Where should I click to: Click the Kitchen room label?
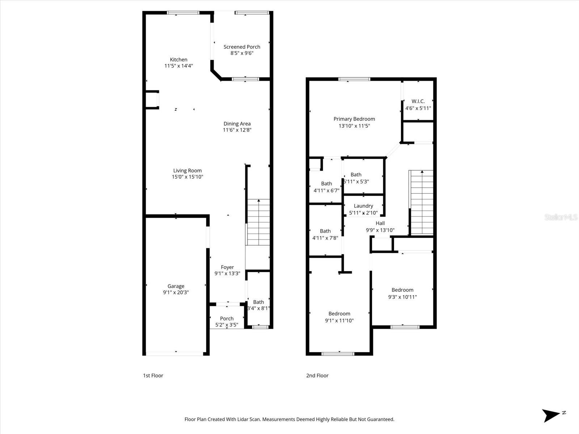[179, 60]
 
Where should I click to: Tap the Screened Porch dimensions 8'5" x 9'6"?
[242, 53]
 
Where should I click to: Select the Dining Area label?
[237, 124]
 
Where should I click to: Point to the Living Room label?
[187, 171]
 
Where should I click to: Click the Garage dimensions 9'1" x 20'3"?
[176, 293]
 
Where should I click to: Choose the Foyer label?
[227, 267]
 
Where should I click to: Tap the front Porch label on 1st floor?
[227, 319]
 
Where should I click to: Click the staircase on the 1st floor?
[258, 222]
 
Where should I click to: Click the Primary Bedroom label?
[354, 119]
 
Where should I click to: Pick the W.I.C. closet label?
[418, 101]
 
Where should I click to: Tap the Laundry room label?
[363, 206]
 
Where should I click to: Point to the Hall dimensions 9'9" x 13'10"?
[380, 230]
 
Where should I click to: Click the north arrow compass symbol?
[551, 415]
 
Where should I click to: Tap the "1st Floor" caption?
[153, 375]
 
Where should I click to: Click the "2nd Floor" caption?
[317, 375]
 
